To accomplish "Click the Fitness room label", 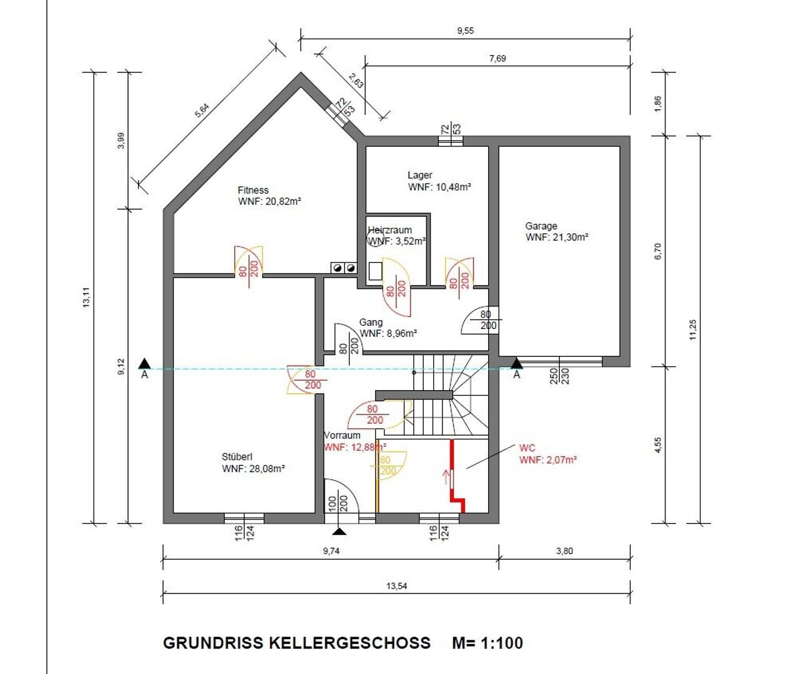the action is (x=253, y=190).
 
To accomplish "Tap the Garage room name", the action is (x=541, y=226).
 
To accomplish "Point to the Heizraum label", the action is (x=390, y=230).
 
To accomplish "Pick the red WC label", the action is (x=527, y=448).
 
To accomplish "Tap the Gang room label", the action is (x=371, y=323).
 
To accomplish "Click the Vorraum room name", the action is (x=342, y=436).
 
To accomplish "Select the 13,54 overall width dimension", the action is (x=397, y=585).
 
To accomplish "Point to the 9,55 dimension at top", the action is (x=465, y=31).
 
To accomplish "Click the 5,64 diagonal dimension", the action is (x=202, y=110).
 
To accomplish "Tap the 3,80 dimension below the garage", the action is (x=564, y=551).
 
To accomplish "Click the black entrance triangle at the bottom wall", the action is (x=340, y=531).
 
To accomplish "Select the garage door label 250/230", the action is (x=559, y=376).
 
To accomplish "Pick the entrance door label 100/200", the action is (x=338, y=504).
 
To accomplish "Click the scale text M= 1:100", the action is (x=488, y=643).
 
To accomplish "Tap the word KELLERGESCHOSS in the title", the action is (x=350, y=643).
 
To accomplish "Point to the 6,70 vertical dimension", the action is (x=658, y=252).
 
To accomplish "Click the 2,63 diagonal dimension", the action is (x=356, y=81).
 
